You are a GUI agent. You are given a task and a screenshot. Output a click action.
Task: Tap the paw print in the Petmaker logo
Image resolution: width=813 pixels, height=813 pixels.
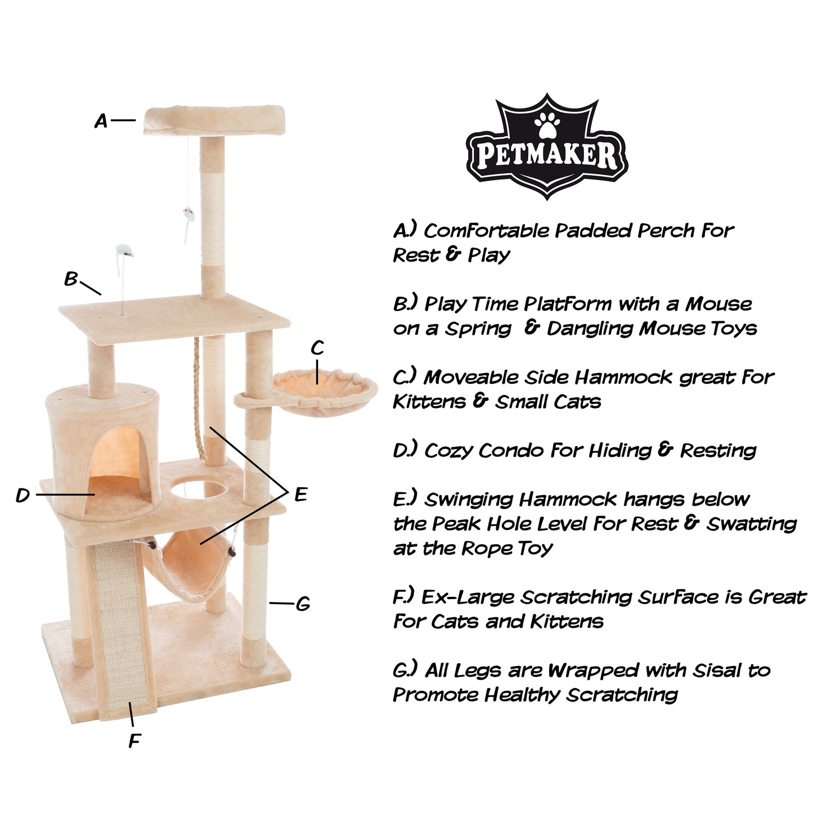click(547, 124)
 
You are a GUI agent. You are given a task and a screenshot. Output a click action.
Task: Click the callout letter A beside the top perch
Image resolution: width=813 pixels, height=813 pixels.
click(100, 121)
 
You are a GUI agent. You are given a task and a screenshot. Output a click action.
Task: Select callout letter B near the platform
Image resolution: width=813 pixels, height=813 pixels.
click(71, 279)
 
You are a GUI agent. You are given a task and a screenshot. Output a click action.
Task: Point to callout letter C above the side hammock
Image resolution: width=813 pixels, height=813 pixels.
click(317, 348)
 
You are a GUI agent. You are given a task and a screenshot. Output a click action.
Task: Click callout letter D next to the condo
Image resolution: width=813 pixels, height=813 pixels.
click(23, 495)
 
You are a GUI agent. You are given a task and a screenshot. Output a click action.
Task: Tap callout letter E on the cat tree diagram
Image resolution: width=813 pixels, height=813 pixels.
click(300, 494)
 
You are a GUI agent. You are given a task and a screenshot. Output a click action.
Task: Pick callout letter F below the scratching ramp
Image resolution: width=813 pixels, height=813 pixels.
click(134, 741)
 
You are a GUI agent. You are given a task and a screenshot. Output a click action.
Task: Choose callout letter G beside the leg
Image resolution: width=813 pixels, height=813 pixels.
click(303, 604)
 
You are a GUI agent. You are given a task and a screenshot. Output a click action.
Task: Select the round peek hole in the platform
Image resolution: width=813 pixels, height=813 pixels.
click(197, 490)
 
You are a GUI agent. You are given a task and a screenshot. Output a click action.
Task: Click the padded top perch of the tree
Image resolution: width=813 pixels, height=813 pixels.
click(214, 120)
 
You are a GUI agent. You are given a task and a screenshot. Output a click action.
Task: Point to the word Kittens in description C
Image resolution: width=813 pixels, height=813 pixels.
click(429, 402)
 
